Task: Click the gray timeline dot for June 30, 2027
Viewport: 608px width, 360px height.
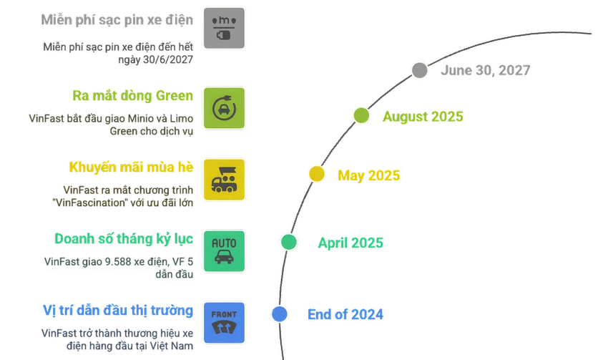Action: (x=420, y=71)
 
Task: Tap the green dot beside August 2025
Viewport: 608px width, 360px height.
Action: (x=361, y=116)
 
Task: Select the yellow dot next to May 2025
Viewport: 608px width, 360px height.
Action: (x=317, y=174)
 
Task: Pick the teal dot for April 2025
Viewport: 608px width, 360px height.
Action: (x=289, y=242)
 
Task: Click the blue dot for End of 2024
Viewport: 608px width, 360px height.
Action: (x=279, y=314)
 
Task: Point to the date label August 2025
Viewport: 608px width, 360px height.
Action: (x=423, y=117)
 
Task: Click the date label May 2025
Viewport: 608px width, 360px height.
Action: (x=368, y=176)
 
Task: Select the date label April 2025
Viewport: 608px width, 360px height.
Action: (x=350, y=243)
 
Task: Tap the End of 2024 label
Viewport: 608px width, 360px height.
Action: (x=345, y=314)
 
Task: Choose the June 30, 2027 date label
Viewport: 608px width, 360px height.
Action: (x=486, y=70)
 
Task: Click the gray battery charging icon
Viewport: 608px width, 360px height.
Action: (x=224, y=28)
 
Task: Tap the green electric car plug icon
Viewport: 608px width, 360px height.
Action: (x=224, y=108)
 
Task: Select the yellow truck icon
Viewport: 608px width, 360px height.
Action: (x=224, y=180)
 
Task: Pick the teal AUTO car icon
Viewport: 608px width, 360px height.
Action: (x=224, y=251)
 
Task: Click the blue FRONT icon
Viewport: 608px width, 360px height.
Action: (x=224, y=323)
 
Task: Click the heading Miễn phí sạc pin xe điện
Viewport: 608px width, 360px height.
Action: (x=117, y=20)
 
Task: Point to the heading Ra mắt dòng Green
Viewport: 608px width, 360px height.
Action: (x=132, y=95)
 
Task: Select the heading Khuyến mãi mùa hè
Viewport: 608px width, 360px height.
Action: (x=131, y=167)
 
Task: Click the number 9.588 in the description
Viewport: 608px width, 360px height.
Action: (x=118, y=261)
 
